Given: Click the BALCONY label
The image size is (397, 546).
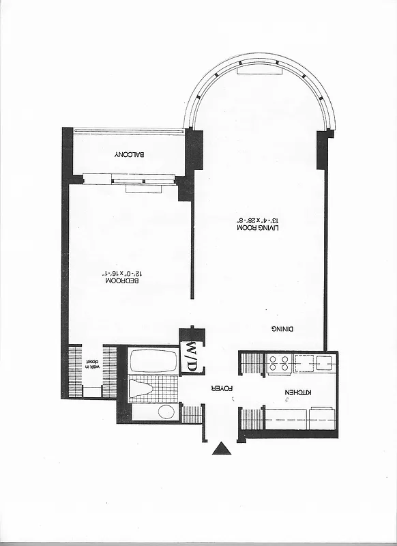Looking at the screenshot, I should (128, 155).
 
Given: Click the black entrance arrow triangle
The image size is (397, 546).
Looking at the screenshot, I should (222, 448).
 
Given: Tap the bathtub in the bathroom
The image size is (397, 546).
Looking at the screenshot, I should (153, 360).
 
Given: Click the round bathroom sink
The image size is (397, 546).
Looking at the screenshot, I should (166, 412).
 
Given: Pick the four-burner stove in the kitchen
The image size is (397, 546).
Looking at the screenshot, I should (278, 363).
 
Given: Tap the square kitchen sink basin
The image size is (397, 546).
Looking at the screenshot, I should (323, 363).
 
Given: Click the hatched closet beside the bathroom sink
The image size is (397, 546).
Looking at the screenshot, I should (191, 414).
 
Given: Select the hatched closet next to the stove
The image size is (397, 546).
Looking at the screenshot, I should (252, 363).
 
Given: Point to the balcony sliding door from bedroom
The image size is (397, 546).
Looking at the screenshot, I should (143, 180).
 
